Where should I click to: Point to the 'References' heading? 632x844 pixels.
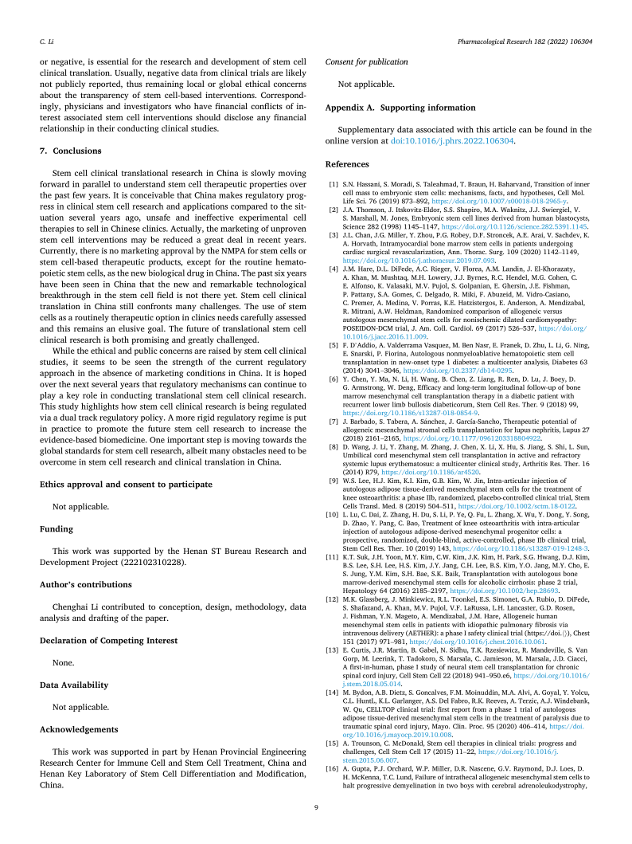[348, 165]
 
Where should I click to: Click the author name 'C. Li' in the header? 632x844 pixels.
[46, 39]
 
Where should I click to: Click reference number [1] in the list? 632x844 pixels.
[334, 185]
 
